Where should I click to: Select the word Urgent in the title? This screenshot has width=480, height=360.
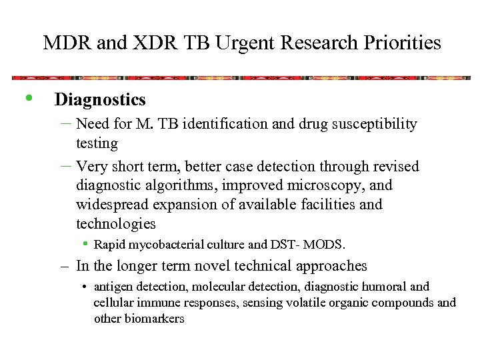click(x=245, y=43)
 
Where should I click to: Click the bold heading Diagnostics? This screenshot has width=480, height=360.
click(x=100, y=100)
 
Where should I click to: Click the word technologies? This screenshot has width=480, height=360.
click(x=115, y=223)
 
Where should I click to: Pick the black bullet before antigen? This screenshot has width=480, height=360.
click(x=86, y=287)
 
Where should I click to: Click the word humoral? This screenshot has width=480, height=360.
click(x=385, y=287)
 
